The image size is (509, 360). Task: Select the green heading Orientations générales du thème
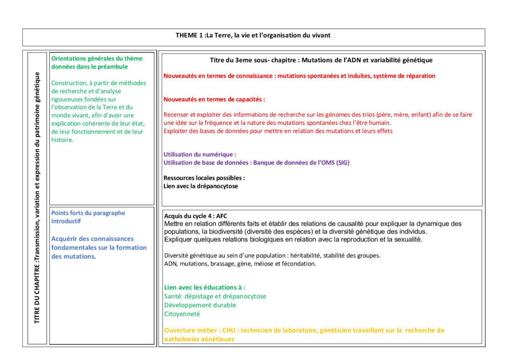(x=96, y=58)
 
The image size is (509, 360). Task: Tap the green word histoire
(x=62, y=140)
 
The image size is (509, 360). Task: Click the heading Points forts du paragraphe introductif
(x=88, y=217)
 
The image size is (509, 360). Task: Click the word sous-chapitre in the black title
(x=272, y=60)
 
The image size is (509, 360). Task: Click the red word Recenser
(x=177, y=115)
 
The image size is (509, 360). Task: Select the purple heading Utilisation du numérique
(x=200, y=154)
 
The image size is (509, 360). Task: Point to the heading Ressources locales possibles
(x=204, y=178)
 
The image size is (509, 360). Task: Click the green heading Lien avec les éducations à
(x=204, y=287)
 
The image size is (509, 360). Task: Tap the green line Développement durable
(x=200, y=305)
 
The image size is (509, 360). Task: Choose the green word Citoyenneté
(x=182, y=314)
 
